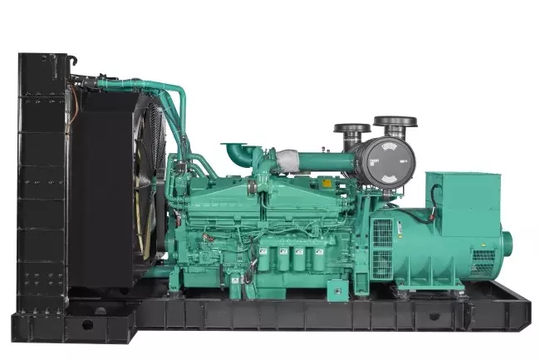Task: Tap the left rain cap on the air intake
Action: click(351, 129)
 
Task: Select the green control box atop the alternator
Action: click(463, 191)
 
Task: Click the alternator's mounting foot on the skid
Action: click(420, 291)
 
